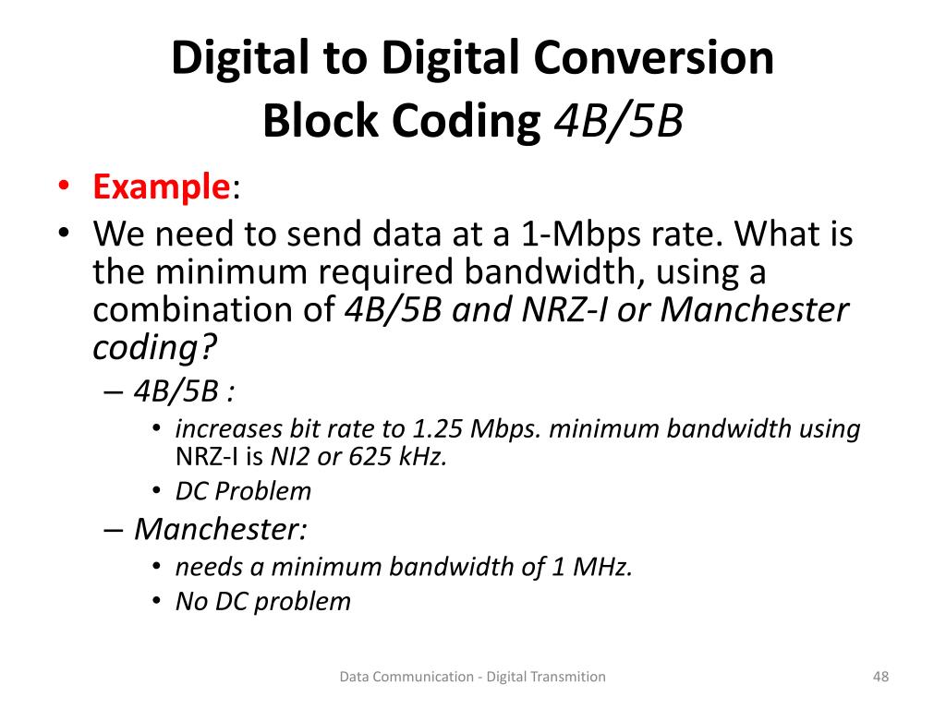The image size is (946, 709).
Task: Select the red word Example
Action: pos(161,187)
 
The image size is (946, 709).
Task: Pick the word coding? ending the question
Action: pos(154,348)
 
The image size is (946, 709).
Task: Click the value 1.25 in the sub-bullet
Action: pos(436,428)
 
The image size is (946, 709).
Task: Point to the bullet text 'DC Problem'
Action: pos(243,491)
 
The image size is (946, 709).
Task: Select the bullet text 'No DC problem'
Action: pos(263,602)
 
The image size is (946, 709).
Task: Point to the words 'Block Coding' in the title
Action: pos(401,122)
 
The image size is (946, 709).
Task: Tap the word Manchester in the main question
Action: pos(754,310)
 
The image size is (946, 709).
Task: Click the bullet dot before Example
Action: pos(63,187)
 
